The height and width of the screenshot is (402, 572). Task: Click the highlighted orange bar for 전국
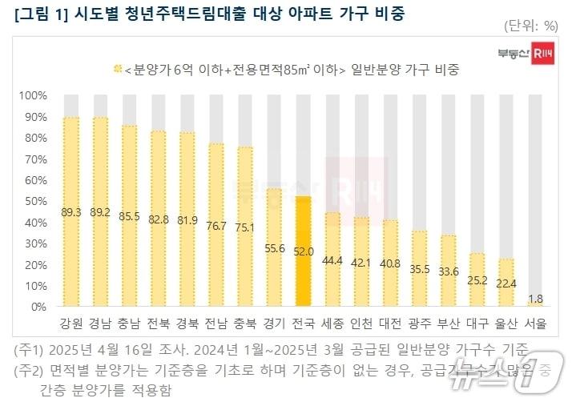pos(303,252)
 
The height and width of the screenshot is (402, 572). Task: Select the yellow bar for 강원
pos(71,212)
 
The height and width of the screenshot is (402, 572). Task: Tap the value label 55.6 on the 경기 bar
pos(274,249)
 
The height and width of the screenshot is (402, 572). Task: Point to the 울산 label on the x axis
pos(506,325)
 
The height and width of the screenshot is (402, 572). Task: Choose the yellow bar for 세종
pos(332,259)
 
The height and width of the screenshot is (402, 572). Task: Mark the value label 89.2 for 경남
pos(100,211)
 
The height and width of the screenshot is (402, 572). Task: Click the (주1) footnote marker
pos(30,350)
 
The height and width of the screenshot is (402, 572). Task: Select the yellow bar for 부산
pos(448,271)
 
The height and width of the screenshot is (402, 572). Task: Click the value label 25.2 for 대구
pos(477,281)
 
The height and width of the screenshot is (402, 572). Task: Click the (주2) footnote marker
pos(30,371)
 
